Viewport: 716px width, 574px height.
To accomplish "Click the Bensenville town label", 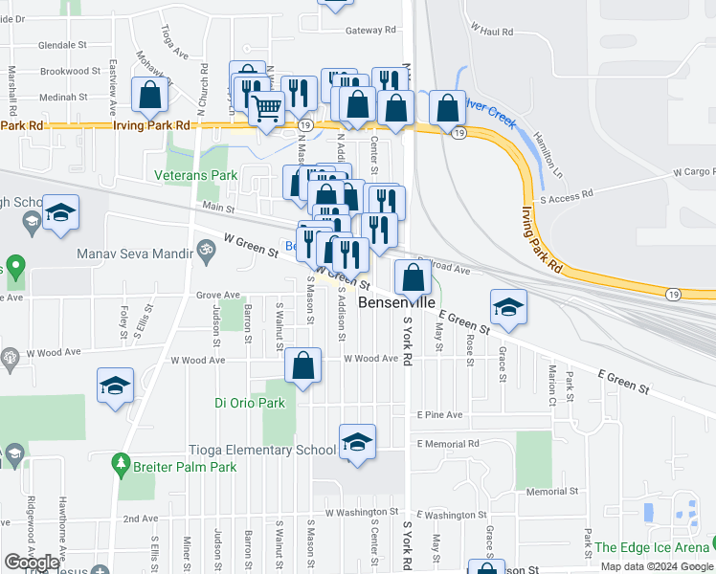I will pos(398,300).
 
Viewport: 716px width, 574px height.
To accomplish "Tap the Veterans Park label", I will pos(196,175).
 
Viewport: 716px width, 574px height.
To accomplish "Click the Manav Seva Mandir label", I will pos(132,254).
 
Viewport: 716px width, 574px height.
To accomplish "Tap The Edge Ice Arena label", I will pos(652,547).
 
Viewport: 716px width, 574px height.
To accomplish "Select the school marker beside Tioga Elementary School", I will pos(357,442).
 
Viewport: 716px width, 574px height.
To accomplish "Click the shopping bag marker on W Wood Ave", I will pos(303,366).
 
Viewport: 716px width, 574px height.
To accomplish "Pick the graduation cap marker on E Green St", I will pos(508,306).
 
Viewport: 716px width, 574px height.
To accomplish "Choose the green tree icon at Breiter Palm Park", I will pos(121,465).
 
